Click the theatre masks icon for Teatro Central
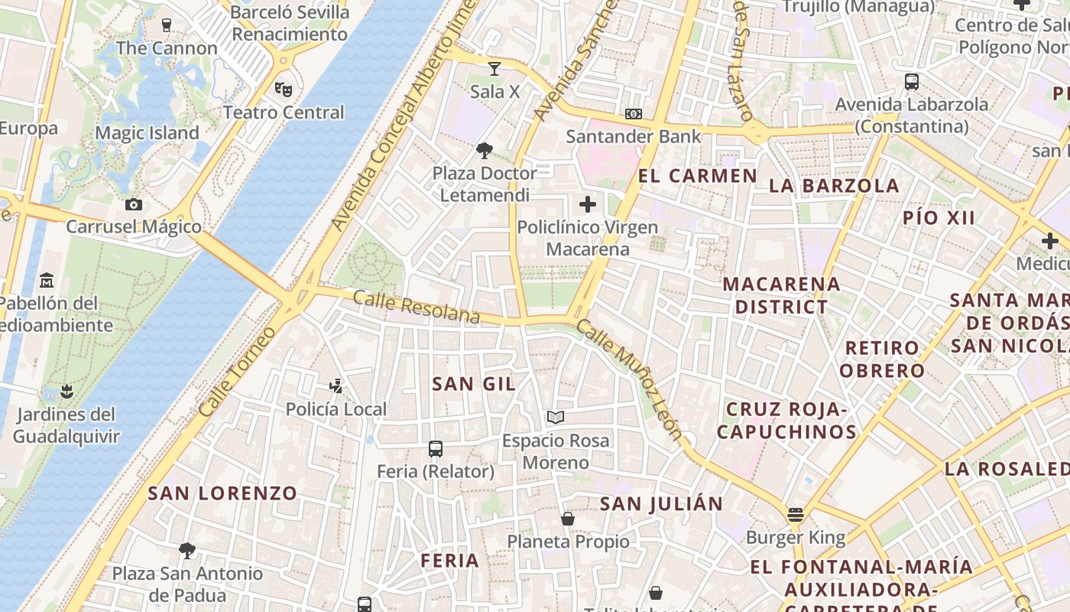pyautogui.click(x=284, y=90)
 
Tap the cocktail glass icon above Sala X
pyautogui.click(x=494, y=69)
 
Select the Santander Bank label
pyautogui.click(x=633, y=137)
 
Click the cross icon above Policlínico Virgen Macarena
pyautogui.click(x=588, y=204)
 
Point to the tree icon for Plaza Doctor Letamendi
pyautogui.click(x=485, y=150)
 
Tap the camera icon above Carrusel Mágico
pyautogui.click(x=134, y=204)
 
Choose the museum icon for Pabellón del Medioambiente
pyautogui.click(x=47, y=280)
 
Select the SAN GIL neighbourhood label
pyautogui.click(x=474, y=384)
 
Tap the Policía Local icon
pyautogui.click(x=336, y=386)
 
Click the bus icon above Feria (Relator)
pyautogui.click(x=436, y=449)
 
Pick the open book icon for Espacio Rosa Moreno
pyautogui.click(x=556, y=418)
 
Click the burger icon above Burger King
pyautogui.click(x=796, y=515)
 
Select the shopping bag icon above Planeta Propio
pyautogui.click(x=568, y=519)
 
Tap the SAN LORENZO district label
pyautogui.click(x=222, y=493)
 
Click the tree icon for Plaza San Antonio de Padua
pyautogui.click(x=187, y=550)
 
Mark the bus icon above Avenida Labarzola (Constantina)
pyautogui.click(x=911, y=82)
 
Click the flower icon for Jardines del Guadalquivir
pyautogui.click(x=66, y=392)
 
